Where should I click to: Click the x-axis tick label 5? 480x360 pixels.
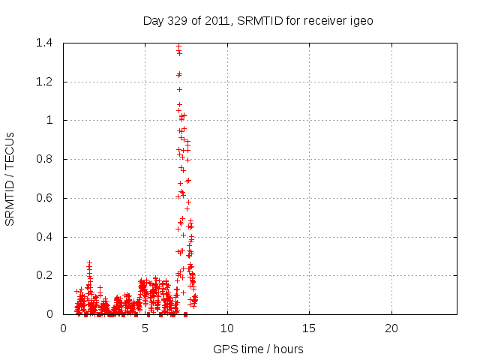[145, 328]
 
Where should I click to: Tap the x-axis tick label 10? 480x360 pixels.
[227, 328]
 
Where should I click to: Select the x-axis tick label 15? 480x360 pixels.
[309, 328]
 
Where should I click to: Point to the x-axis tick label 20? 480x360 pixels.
[391, 328]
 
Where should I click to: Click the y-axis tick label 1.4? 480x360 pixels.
[44, 43]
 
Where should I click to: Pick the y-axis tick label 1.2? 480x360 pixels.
[44, 82]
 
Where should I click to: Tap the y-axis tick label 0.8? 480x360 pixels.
[44, 159]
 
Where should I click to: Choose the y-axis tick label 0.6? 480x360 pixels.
[44, 198]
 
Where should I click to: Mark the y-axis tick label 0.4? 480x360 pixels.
[44, 237]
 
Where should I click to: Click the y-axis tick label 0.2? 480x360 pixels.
[44, 276]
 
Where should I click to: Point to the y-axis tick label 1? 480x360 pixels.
[50, 120]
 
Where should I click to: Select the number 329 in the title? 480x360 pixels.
[176, 20]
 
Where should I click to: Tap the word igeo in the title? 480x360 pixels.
[361, 20]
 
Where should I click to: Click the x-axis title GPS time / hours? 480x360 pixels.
[258, 349]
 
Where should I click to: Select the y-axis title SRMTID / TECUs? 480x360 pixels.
[10, 178]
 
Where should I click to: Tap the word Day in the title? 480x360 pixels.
[153, 20]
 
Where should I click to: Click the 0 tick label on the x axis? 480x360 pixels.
[63, 328]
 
